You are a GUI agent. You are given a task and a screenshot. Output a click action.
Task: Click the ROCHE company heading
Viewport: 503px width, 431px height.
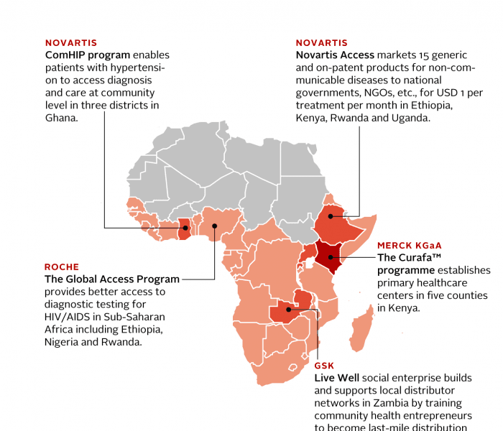pyautogui.click(x=62, y=267)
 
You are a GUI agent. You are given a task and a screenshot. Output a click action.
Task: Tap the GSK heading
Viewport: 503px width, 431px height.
pyautogui.click(x=324, y=366)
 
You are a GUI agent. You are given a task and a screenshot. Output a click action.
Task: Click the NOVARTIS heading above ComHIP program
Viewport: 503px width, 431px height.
pyautogui.click(x=70, y=42)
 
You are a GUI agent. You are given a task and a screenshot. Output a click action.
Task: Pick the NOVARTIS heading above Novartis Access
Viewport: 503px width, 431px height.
pyautogui.click(x=322, y=42)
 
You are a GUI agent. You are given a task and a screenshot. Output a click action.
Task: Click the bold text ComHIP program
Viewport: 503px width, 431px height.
pyautogui.click(x=88, y=55)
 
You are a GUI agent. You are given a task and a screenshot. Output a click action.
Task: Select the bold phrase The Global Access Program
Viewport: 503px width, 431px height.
pyautogui.click(x=112, y=279)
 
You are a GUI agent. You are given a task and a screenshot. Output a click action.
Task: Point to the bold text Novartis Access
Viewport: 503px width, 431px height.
pyautogui.click(x=335, y=55)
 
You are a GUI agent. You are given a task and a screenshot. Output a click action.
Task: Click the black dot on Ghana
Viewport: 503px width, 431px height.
pyautogui.click(x=184, y=228)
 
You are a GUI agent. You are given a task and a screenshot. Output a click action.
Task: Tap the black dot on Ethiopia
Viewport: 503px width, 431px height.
pyautogui.click(x=331, y=215)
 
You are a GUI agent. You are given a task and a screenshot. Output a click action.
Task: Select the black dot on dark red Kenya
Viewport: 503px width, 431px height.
pyautogui.click(x=331, y=256)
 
